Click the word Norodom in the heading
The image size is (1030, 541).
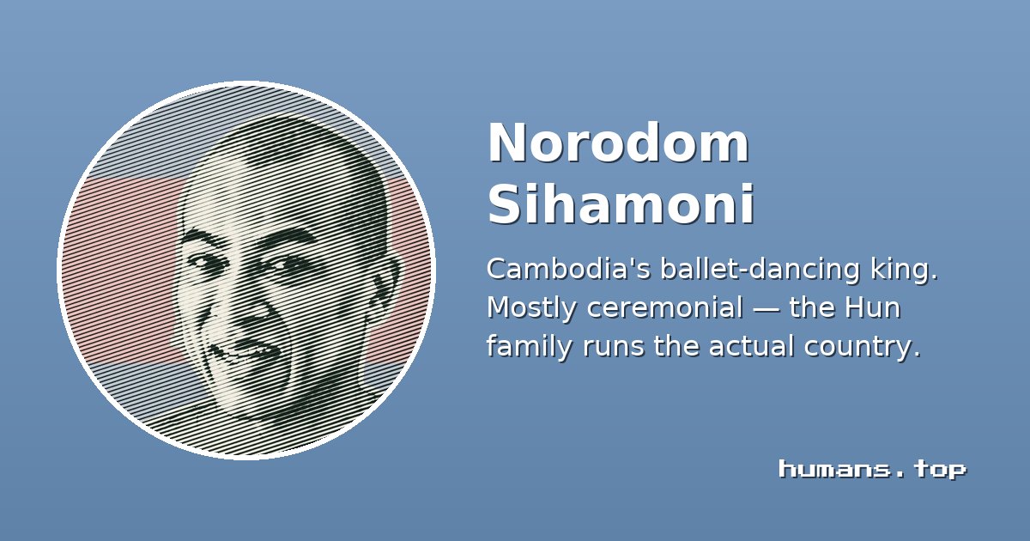click(x=619, y=143)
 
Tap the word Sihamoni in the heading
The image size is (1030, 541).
click(x=621, y=204)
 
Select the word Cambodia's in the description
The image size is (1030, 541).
click(x=569, y=269)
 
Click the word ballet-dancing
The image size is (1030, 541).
click(x=760, y=270)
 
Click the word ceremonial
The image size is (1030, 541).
click(x=664, y=307)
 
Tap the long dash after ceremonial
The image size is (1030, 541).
click(x=766, y=309)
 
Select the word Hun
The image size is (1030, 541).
click(x=872, y=308)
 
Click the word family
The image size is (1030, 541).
click(x=530, y=346)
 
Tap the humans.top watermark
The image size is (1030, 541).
click(x=872, y=470)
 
